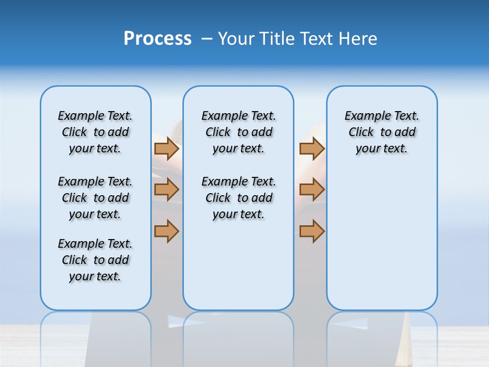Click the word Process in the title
(x=157, y=38)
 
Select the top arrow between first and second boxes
(x=167, y=148)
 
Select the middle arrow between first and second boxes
(x=167, y=190)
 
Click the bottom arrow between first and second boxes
(x=167, y=231)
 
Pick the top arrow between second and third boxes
(x=312, y=148)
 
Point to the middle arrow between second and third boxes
(x=312, y=190)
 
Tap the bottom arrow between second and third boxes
(x=312, y=231)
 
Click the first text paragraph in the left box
(x=95, y=132)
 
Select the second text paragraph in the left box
(x=95, y=198)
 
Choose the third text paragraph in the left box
(x=95, y=260)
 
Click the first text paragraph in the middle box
(x=238, y=132)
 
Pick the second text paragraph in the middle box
(x=238, y=198)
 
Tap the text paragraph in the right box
(x=382, y=132)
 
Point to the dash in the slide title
(x=207, y=39)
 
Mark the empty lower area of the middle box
(x=238, y=265)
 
